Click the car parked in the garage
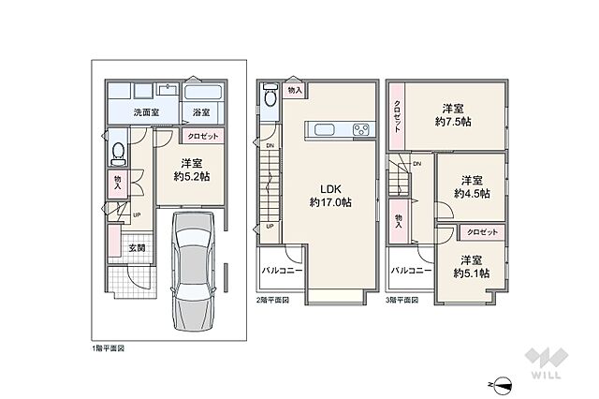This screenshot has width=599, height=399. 193,272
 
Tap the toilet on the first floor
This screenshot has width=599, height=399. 119,154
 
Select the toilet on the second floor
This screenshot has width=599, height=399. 270,96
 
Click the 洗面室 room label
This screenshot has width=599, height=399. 146,112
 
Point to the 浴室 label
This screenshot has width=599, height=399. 201,112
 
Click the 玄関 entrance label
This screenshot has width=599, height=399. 137,247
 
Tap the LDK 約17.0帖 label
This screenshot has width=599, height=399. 330,196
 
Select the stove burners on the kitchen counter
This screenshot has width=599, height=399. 361,129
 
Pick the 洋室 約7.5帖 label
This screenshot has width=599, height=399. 453,115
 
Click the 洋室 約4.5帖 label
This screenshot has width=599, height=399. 472,187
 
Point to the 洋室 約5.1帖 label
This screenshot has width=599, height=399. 472,267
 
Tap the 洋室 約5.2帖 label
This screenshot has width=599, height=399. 191,170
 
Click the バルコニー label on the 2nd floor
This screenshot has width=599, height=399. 282,271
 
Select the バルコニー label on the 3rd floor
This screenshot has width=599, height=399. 411,271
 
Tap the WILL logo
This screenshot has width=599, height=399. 547,363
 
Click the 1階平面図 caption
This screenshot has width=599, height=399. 108,348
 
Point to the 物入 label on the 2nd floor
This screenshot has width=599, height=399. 295,91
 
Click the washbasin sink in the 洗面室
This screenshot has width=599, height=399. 168,90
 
